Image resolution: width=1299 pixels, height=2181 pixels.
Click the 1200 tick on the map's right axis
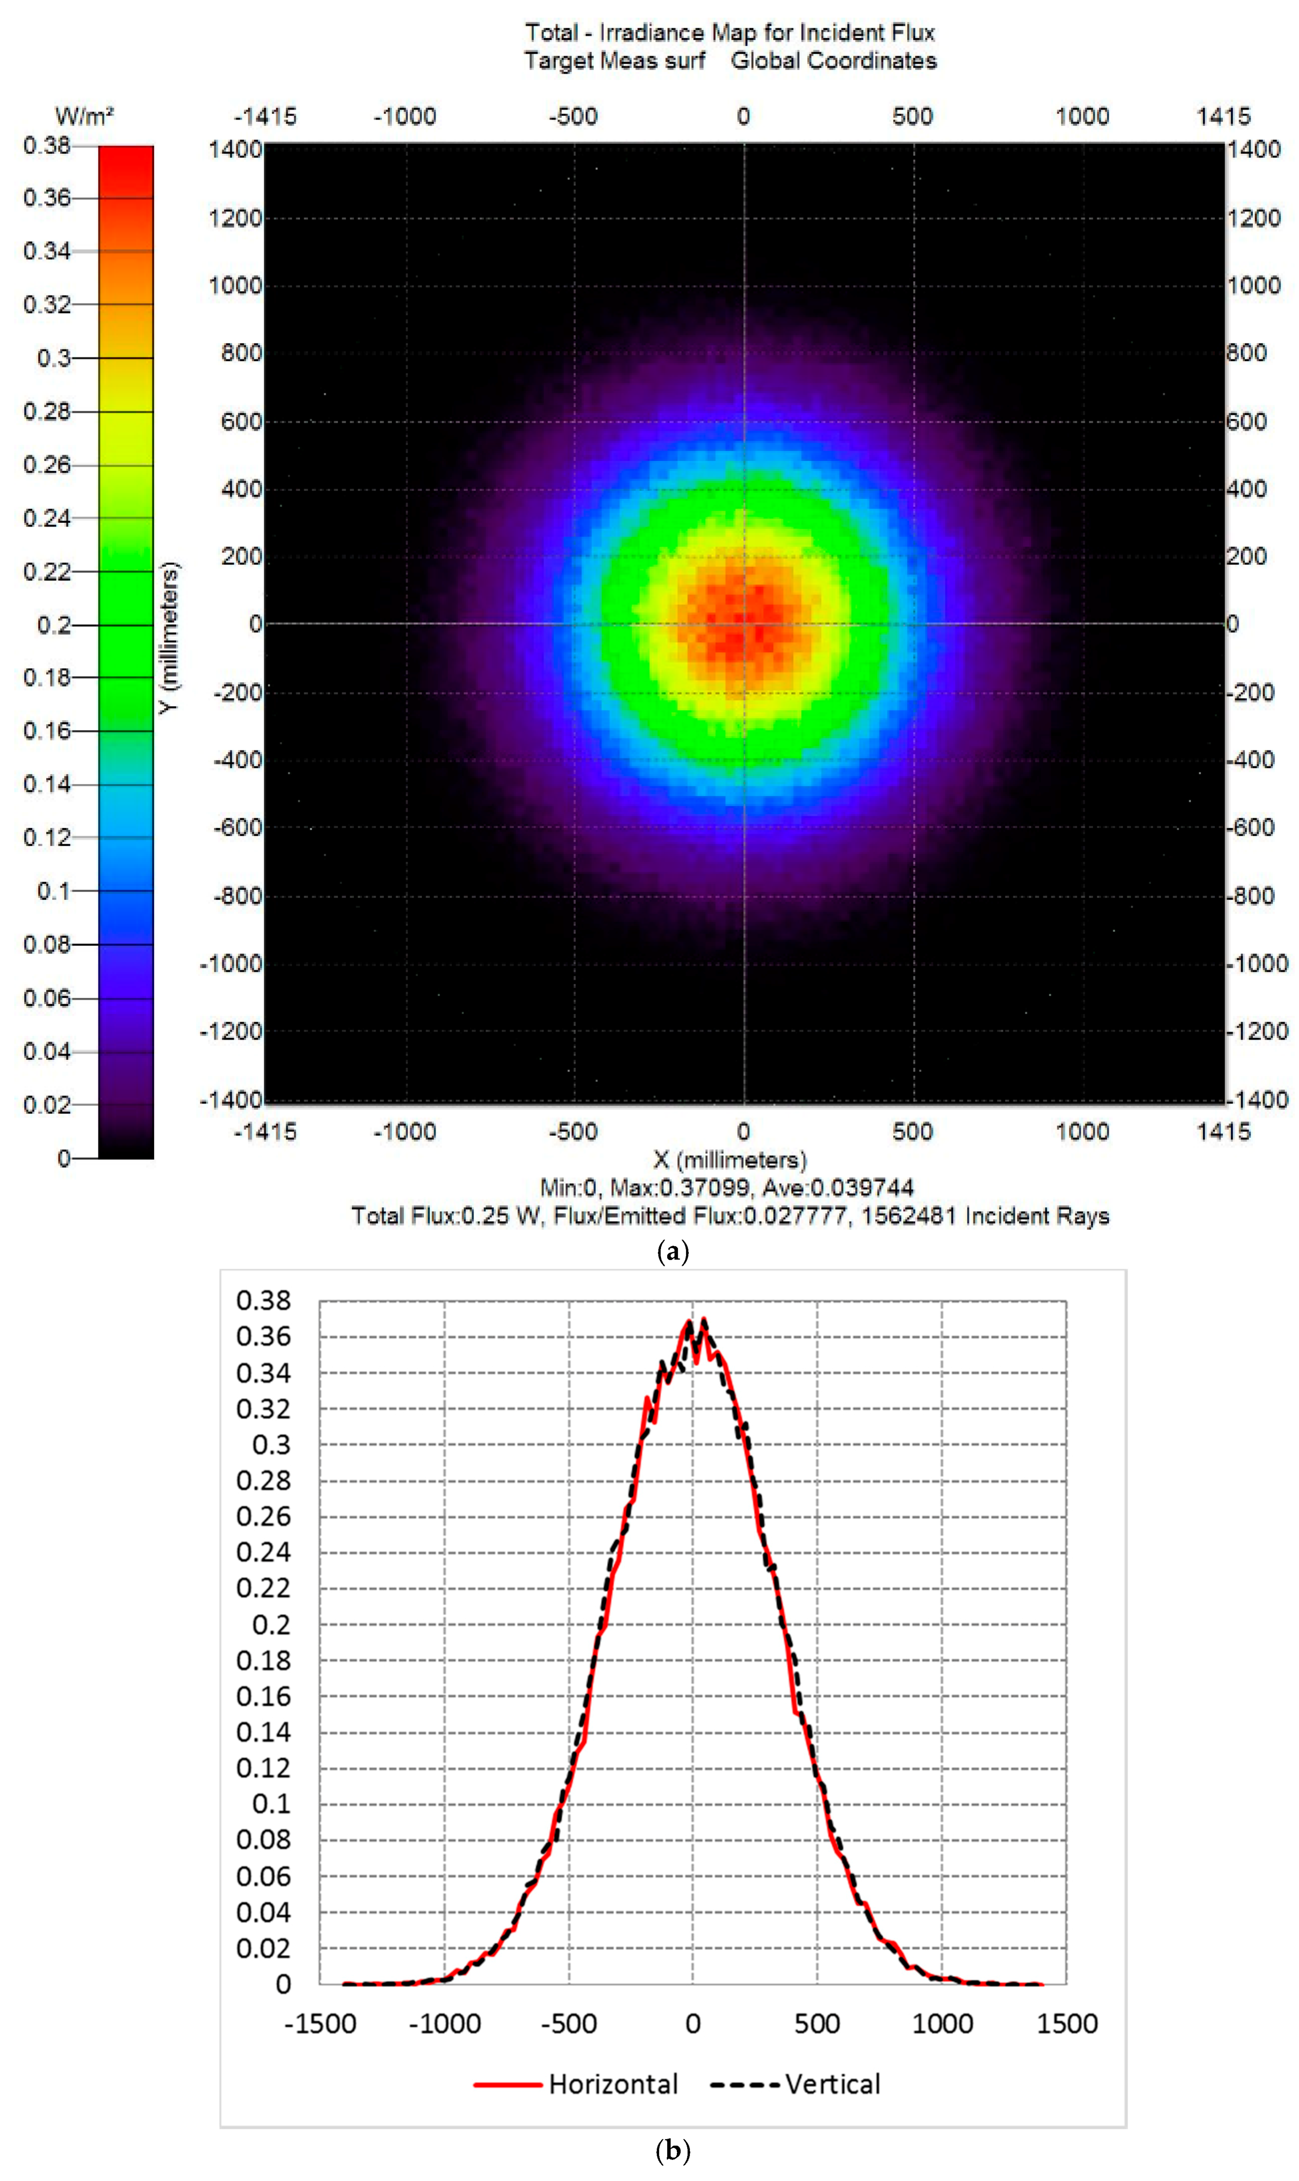click(1254, 218)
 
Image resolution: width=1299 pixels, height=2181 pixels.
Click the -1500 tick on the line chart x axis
click(320, 2024)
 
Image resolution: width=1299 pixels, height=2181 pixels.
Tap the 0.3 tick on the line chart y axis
click(271, 1445)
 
